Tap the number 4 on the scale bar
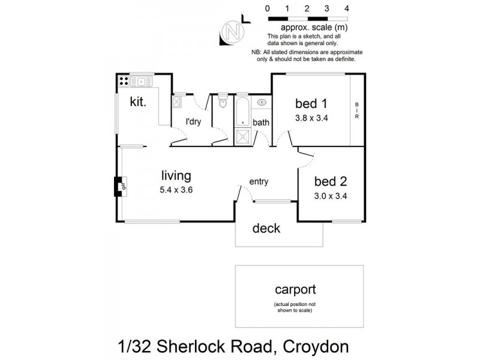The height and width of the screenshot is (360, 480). click(x=347, y=9)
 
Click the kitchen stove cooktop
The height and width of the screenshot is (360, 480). click(x=124, y=80)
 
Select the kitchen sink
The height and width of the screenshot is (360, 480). click(x=143, y=80)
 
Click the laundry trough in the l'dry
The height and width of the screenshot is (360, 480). click(x=178, y=103)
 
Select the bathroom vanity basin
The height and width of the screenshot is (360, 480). click(x=262, y=103)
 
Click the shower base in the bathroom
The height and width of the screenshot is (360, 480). click(x=242, y=136)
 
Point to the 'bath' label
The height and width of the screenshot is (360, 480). click(x=261, y=122)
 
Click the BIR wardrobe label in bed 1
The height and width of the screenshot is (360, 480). click(x=356, y=110)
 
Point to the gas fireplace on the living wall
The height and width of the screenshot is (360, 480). click(x=119, y=186)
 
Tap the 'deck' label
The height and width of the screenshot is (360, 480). click(x=266, y=229)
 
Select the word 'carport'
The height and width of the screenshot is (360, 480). click(x=295, y=290)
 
